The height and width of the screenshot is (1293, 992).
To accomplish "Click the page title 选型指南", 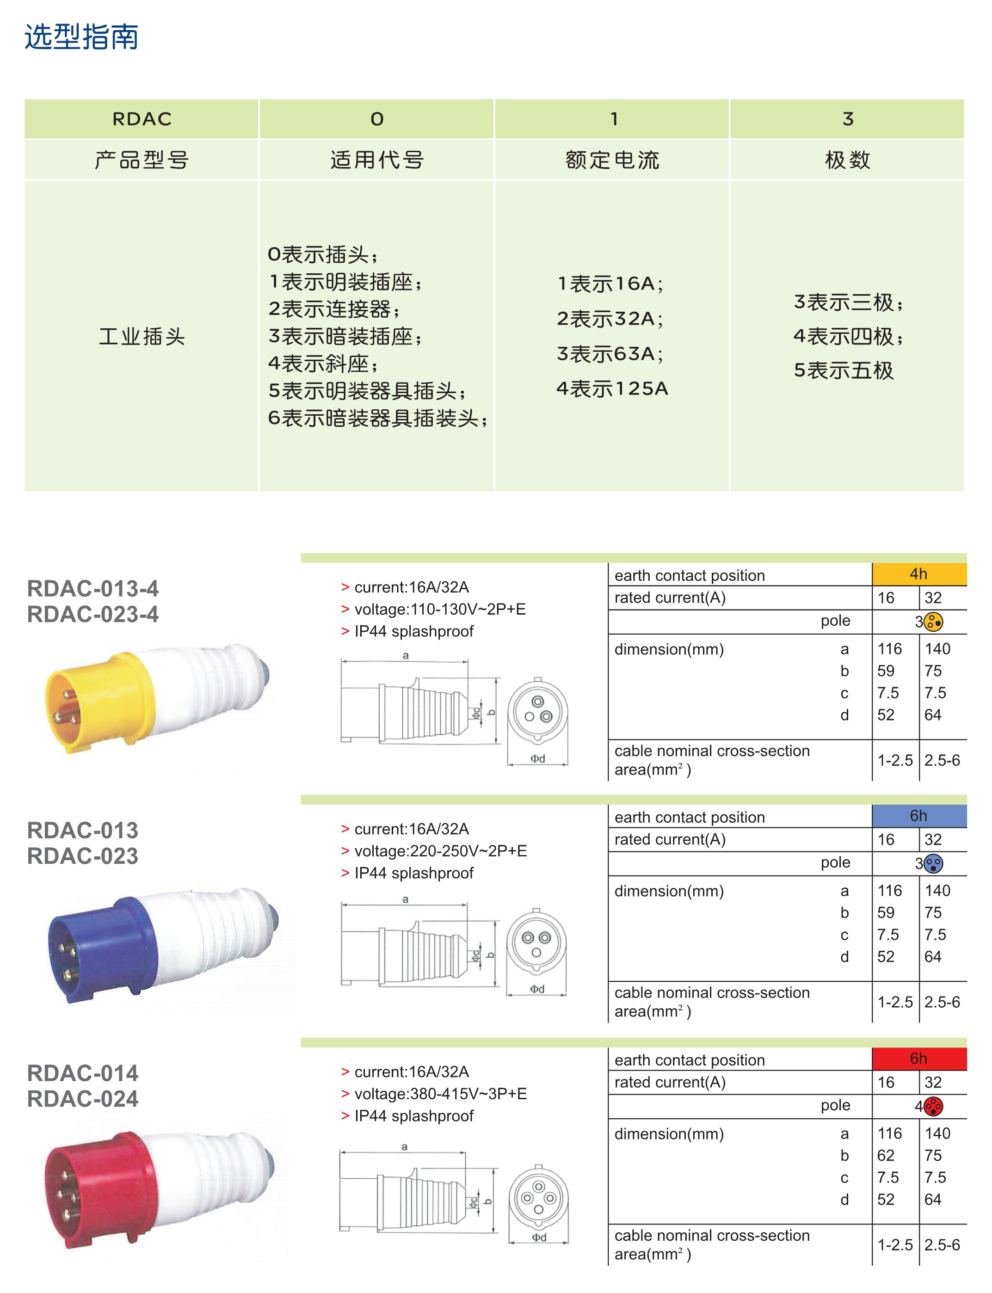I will pyautogui.click(x=81, y=37).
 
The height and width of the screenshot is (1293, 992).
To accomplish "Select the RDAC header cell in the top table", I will pyautogui.click(x=142, y=119).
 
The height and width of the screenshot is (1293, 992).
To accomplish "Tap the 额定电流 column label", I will pyautogui.click(x=612, y=160).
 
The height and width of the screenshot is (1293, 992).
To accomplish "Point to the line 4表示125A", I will pyautogui.click(x=612, y=388).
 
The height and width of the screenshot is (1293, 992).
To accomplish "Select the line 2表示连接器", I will pyautogui.click(x=334, y=309).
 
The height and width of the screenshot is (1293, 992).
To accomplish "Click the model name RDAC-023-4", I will pyautogui.click(x=92, y=615).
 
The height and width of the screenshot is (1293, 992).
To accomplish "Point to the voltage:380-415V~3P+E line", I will pyautogui.click(x=440, y=1093).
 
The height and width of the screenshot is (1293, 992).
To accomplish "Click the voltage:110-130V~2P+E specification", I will pyautogui.click(x=439, y=609).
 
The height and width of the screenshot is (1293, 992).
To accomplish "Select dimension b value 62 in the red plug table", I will pyautogui.click(x=885, y=1155).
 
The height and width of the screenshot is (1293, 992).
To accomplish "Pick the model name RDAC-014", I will pyautogui.click(x=83, y=1073).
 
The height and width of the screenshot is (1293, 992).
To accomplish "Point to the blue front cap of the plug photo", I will pyautogui.click(x=100, y=948).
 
